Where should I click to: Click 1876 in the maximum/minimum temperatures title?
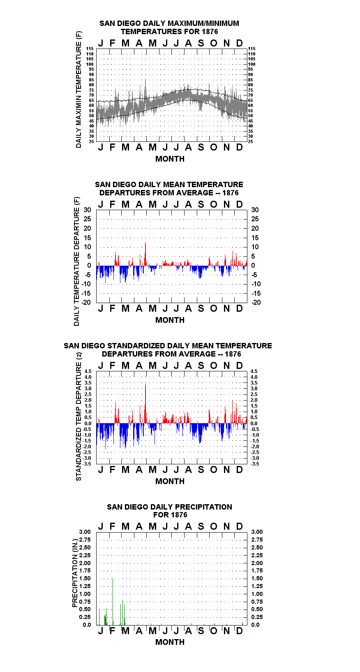click(x=210, y=32)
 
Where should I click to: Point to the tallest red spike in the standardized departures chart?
click(x=145, y=403)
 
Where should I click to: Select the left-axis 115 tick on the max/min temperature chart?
click(x=90, y=49)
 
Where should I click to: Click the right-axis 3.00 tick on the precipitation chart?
click(x=257, y=532)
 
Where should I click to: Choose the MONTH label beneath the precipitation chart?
click(x=170, y=642)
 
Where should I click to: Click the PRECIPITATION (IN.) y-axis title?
click(x=75, y=573)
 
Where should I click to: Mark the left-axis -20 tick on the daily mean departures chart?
click(x=86, y=302)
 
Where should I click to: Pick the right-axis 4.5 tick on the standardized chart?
click(x=254, y=371)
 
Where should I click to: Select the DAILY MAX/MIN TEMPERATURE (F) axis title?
click(x=78, y=89)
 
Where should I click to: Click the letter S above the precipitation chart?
click(x=201, y=526)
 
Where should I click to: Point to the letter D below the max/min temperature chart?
click(x=239, y=147)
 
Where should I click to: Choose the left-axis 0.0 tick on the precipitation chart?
click(x=87, y=625)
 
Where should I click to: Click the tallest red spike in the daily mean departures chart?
click(x=145, y=254)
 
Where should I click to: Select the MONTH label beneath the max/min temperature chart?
click(x=170, y=159)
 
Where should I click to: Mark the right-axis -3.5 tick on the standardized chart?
click(x=255, y=464)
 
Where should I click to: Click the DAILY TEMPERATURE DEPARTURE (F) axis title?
click(x=77, y=261)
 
